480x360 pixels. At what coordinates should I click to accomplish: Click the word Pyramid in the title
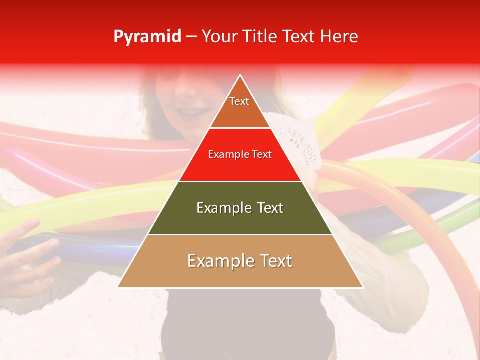[147, 37]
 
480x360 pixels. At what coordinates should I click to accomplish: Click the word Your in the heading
[219, 37]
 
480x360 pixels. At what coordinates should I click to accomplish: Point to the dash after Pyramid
[191, 37]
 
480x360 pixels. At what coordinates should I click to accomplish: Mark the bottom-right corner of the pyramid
[362, 287]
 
